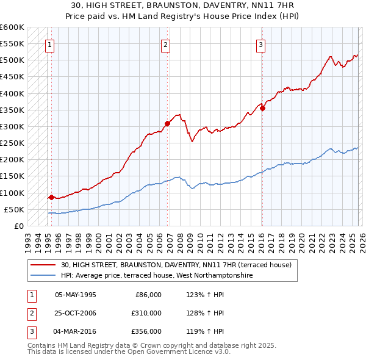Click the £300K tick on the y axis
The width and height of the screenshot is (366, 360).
coord(12,126)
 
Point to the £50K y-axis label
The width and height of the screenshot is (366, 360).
coord(14,209)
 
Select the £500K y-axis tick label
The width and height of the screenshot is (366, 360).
coord(12,60)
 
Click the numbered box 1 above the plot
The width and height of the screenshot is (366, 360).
coord(49,44)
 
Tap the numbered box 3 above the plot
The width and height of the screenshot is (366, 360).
coord(260,44)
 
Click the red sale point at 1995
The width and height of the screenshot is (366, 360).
coord(51,197)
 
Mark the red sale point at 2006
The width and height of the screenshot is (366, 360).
coord(167,123)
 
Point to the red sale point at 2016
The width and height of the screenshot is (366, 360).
coord(262,108)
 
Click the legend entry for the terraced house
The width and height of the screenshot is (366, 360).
coord(176,265)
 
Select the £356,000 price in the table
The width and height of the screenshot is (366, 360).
coord(146,331)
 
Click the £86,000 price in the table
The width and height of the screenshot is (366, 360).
coord(148,295)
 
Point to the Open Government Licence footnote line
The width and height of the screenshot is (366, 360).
coord(129,352)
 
